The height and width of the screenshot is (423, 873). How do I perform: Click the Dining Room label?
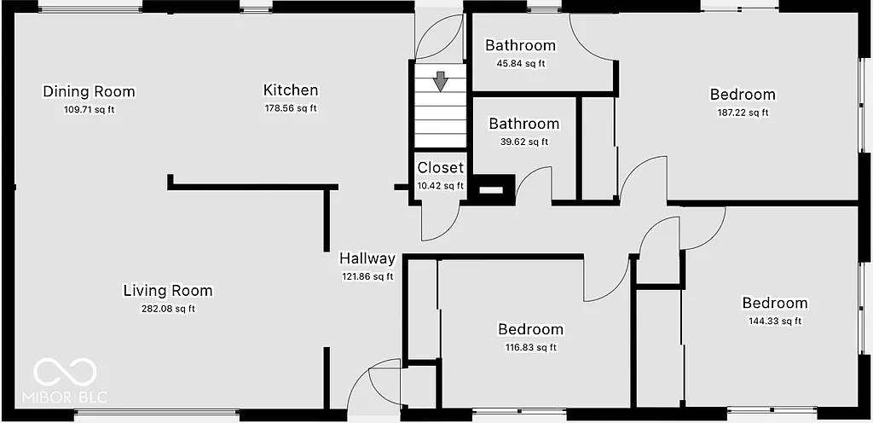pyautogui.click(x=89, y=91)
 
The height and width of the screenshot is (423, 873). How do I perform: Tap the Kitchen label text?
pyautogui.click(x=291, y=90)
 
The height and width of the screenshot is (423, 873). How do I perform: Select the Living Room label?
pyautogui.click(x=168, y=291)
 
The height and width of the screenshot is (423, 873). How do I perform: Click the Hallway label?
pyautogui.click(x=367, y=258)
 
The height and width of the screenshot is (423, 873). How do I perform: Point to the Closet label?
pyautogui.click(x=441, y=168)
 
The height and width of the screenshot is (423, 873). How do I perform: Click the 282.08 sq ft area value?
pyautogui.click(x=168, y=309)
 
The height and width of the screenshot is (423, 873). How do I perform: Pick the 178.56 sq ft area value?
pyautogui.click(x=291, y=108)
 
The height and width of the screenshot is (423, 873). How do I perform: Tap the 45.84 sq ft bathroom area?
pyautogui.click(x=520, y=63)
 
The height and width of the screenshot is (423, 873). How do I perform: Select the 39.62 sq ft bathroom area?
pyautogui.click(x=523, y=142)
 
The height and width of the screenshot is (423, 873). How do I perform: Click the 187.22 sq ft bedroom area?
pyautogui.click(x=743, y=113)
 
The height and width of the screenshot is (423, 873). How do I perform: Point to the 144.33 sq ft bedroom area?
pyautogui.click(x=775, y=322)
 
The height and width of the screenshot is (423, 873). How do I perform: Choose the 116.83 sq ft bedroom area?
pyautogui.click(x=530, y=347)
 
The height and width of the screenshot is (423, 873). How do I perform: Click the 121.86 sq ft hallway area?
pyautogui.click(x=367, y=276)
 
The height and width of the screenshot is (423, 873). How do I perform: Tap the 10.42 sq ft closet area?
pyautogui.click(x=441, y=185)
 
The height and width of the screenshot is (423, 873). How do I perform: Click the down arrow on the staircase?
pyautogui.click(x=440, y=82)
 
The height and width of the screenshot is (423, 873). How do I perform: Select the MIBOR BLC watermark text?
pyautogui.click(x=71, y=398)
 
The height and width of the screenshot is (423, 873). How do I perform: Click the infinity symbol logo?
pyautogui.click(x=65, y=372)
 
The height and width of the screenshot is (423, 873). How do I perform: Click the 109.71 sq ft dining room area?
pyautogui.click(x=89, y=109)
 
